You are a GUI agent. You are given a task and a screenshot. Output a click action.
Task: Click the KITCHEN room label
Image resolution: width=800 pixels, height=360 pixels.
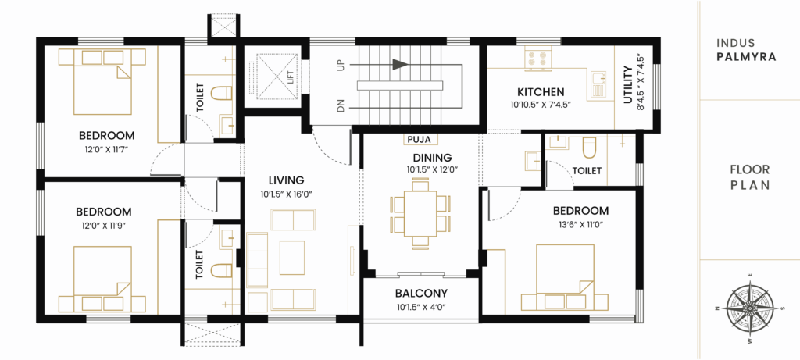pos(535,92)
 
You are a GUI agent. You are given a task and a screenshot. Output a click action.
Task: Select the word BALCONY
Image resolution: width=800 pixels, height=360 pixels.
pos(420,294)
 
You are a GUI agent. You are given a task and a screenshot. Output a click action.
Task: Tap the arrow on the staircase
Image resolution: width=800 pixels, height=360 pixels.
pos(401,65)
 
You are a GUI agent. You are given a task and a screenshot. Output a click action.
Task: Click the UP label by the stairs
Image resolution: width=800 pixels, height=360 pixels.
pos(341,66)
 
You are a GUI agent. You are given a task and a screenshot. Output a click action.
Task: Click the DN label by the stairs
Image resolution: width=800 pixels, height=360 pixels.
pos(341,105)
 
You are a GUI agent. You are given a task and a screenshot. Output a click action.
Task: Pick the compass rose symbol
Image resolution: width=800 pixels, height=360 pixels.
pos(748,308)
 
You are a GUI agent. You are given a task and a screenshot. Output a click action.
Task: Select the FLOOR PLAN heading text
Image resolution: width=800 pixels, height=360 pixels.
pos(749,177)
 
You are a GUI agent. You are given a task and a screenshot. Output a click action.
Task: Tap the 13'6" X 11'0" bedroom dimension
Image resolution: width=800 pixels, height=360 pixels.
pos(580,224)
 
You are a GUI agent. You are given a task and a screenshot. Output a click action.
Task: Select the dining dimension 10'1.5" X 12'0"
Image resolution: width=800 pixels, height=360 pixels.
pos(420,169)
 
